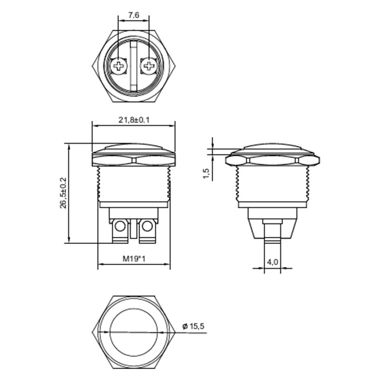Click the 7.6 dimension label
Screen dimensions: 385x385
(133, 15)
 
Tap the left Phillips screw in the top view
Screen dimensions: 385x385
(118, 65)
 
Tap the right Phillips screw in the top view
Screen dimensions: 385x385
(150, 65)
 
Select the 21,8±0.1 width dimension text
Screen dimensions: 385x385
(134, 120)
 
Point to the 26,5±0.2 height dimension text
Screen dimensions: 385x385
(63, 193)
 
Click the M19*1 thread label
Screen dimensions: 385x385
(134, 259)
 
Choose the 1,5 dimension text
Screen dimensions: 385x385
(206, 174)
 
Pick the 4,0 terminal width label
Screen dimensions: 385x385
(272, 262)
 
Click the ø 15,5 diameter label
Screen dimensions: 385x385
(194, 326)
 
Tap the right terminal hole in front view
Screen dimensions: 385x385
(148, 225)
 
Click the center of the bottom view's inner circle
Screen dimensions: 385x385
(134, 333)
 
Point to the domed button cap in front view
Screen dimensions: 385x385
(134, 146)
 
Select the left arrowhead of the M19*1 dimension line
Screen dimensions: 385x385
(100, 265)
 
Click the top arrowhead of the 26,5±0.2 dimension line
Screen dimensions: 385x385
(69, 146)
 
